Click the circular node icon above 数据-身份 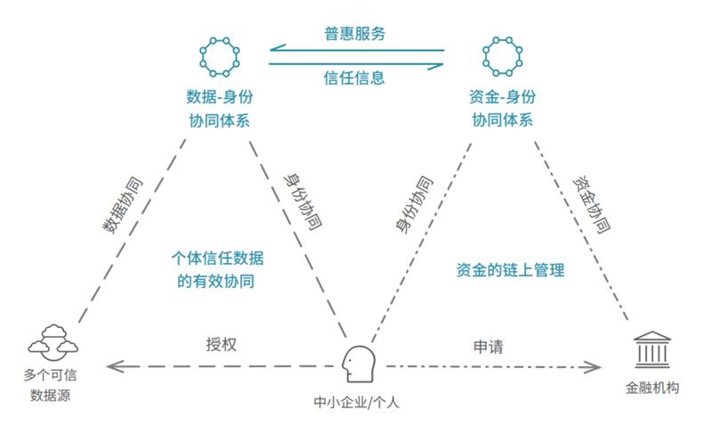pos(218,58)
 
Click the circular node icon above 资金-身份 pos(501,58)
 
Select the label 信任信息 pos(354,78)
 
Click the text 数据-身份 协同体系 pos(218,107)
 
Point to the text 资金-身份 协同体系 pos(501,107)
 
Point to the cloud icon pos(50,340)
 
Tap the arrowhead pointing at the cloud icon pos(110,365)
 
